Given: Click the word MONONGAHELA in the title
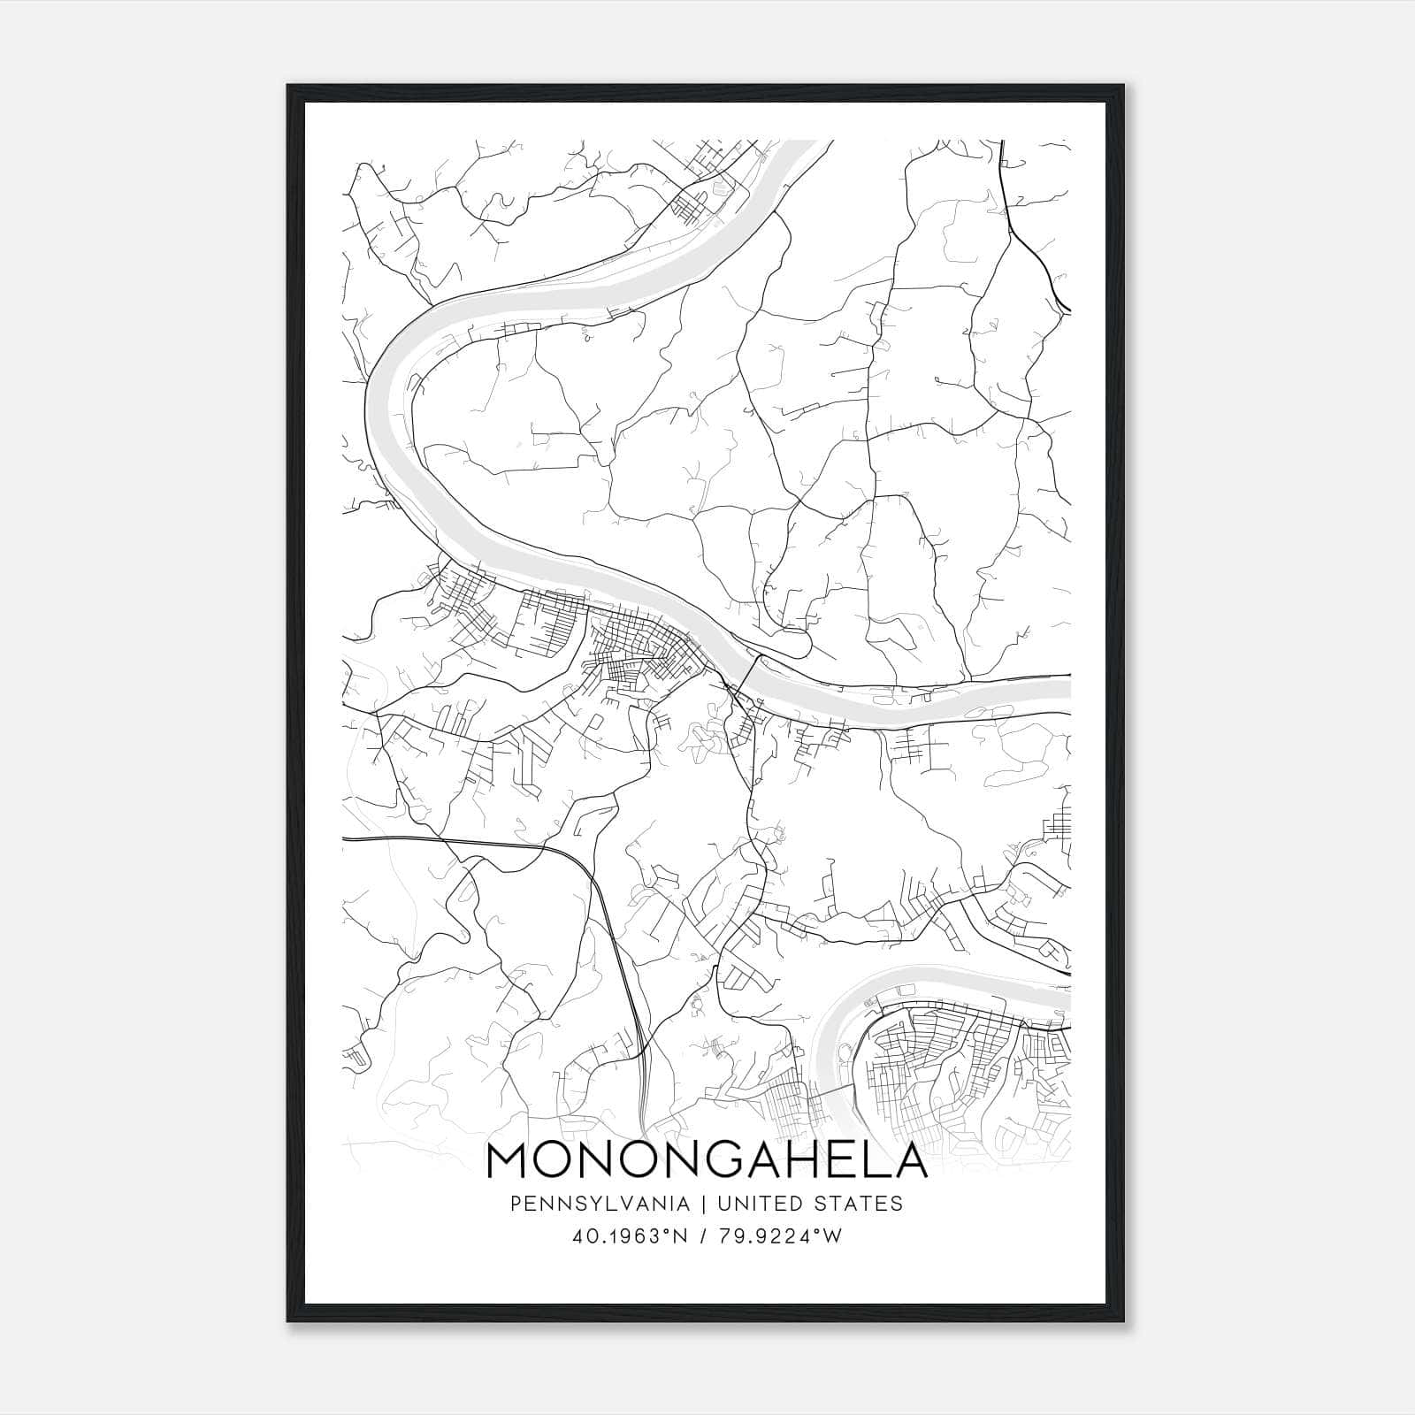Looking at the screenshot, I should click(x=707, y=1160).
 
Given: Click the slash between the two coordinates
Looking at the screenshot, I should click(x=702, y=1236).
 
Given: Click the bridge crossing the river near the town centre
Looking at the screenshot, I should click(x=746, y=674).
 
